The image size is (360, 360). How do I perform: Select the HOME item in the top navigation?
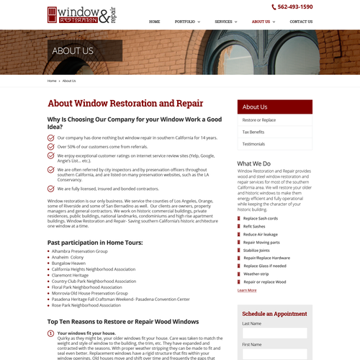pos(154,22)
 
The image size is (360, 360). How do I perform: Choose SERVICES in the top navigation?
pos(225,22)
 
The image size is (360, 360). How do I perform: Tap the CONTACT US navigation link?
pos(301,22)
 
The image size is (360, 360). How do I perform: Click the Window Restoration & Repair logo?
pos(81,14)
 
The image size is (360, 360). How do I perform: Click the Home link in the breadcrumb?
pos(52,81)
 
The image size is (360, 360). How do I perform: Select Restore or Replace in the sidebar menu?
pos(259,120)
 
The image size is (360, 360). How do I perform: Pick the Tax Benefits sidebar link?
pos(253,132)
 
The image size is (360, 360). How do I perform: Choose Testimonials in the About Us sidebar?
pos(253,144)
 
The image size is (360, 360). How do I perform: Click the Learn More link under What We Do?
pos(246,290)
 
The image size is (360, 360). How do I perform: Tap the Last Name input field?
pos(274,333)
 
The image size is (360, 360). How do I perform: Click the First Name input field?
pos(274,354)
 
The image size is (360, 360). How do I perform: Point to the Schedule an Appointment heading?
pos(274,314)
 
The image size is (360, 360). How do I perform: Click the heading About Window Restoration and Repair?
pos(125,104)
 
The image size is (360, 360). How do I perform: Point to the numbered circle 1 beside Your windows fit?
pos(50,333)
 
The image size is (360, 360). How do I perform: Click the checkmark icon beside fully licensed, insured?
pos(50,189)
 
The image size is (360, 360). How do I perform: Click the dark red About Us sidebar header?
pos(274,107)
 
